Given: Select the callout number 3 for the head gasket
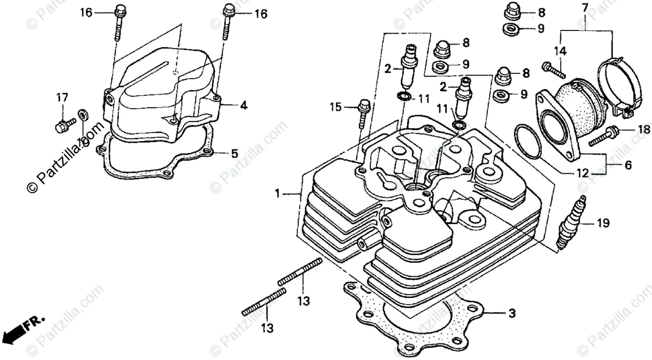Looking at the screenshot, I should click(512, 313).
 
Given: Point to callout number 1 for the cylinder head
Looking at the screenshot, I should click(278, 193).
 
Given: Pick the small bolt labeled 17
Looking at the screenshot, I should click(60, 126).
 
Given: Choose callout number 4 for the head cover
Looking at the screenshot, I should click(243, 106).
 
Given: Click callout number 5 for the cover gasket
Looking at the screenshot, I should click(234, 154).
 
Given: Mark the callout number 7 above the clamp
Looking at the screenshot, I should click(585, 8).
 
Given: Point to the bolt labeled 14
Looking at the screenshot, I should click(551, 69).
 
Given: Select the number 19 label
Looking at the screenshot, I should click(603, 223).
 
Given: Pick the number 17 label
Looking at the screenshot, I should click(62, 98).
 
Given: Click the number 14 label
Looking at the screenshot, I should click(559, 52).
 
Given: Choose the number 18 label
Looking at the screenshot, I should click(643, 129).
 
